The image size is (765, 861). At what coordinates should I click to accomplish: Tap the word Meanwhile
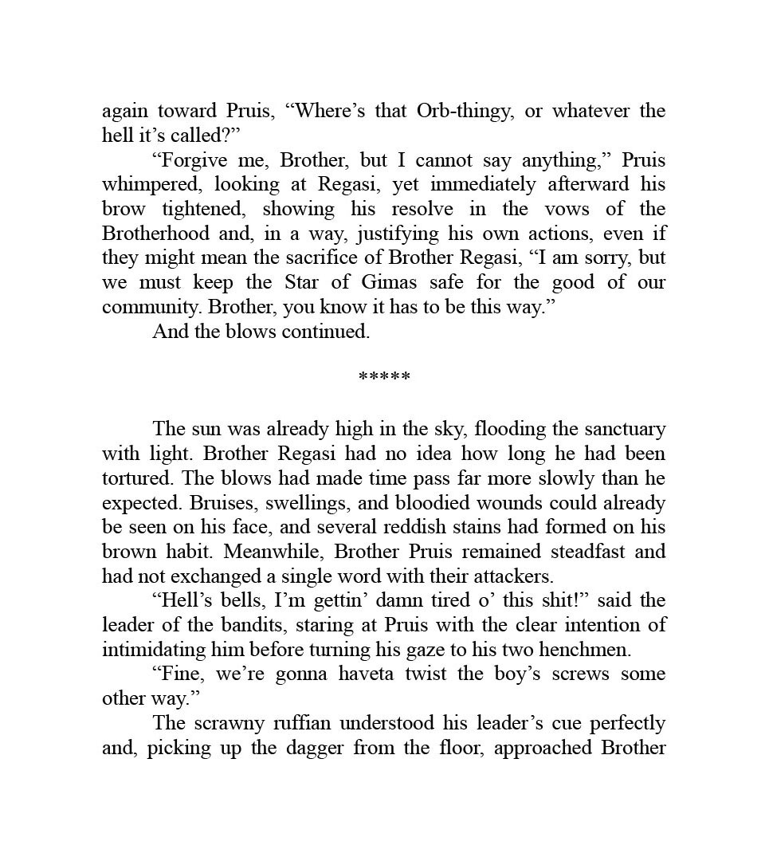pos(275,552)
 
